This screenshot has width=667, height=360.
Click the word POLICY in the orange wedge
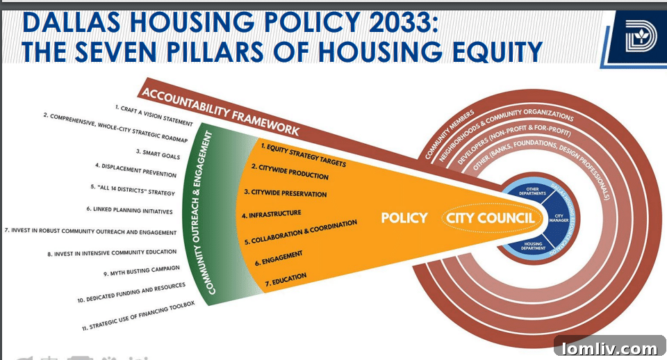[404, 218]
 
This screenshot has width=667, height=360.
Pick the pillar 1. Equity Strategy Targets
[303, 154]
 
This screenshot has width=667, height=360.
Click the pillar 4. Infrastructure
[272, 214]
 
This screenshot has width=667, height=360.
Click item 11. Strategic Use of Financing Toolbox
[138, 315]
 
